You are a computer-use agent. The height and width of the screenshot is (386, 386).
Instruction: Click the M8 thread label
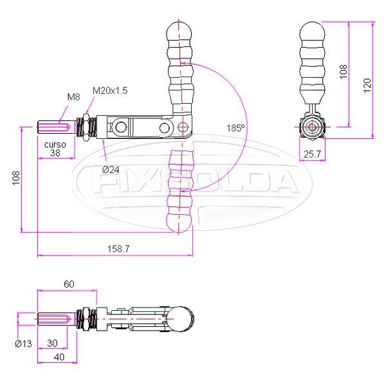(73, 97)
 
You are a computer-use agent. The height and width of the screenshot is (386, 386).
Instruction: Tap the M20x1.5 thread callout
(110, 91)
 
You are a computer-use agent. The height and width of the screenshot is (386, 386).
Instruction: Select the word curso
(55, 145)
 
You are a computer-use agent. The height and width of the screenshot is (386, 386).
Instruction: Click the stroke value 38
(55, 154)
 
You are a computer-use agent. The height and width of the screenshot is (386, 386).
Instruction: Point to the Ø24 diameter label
(111, 169)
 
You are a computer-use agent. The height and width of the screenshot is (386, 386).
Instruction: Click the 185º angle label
(235, 128)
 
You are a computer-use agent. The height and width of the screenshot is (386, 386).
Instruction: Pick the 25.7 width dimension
(313, 154)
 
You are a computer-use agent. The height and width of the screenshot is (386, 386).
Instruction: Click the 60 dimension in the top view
(69, 284)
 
